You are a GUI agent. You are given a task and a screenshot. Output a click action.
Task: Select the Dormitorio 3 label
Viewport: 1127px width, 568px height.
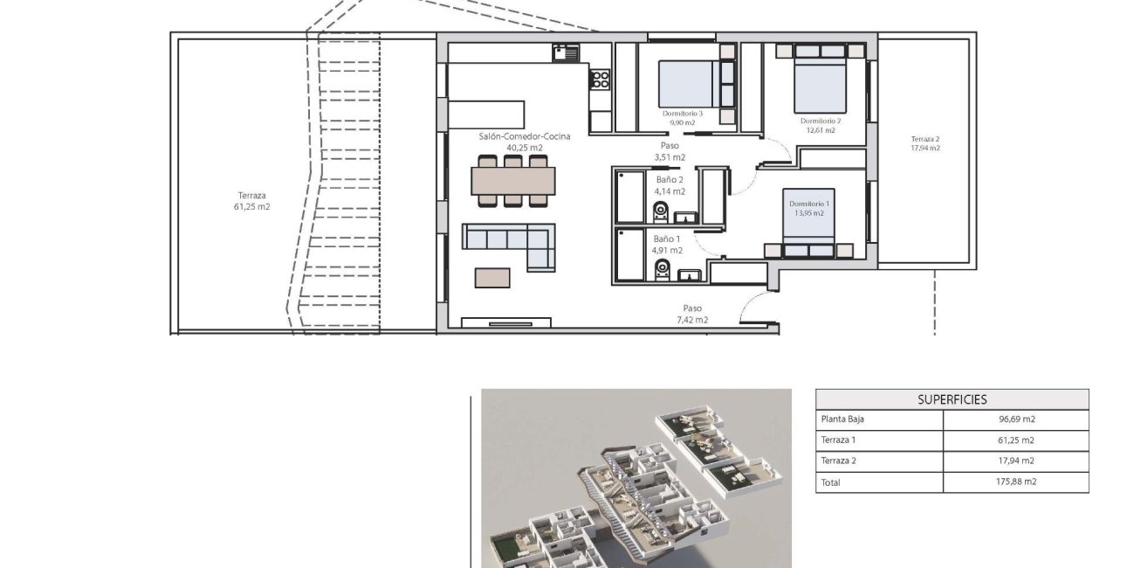683,114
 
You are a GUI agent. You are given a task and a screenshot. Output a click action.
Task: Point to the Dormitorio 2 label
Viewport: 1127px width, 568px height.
820,121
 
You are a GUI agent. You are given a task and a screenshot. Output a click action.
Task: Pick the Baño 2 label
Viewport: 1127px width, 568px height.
669,179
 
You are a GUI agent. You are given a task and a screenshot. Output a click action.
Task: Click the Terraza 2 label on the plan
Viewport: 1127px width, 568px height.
924,139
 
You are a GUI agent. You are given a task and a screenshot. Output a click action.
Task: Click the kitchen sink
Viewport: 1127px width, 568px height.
566,53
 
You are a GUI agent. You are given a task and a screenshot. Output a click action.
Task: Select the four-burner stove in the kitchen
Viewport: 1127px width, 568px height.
601,80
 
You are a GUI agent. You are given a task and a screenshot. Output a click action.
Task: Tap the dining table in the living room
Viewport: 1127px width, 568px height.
512,180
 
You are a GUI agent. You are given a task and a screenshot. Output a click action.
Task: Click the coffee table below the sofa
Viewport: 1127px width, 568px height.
492,277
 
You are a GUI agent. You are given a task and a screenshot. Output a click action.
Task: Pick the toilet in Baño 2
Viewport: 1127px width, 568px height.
660,210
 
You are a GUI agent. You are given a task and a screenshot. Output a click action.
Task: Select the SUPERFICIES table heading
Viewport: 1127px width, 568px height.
952,399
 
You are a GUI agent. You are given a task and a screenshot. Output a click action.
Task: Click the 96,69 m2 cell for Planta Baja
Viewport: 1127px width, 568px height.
1016,419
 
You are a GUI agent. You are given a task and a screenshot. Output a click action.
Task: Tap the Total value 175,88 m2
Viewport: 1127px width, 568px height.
1016,481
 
